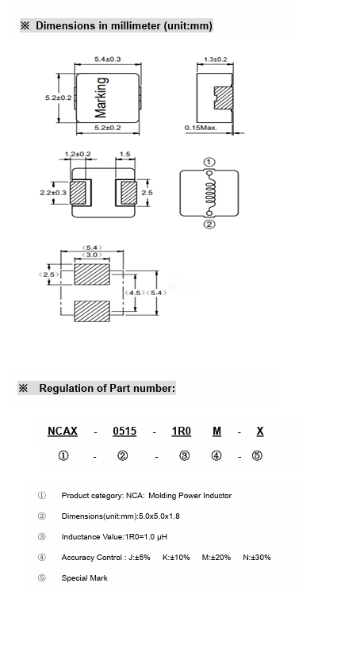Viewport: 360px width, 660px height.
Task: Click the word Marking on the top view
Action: pyautogui.click(x=101, y=98)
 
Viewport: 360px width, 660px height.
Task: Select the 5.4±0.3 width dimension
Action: pyautogui.click(x=108, y=59)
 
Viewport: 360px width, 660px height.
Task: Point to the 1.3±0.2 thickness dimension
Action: pyautogui.click(x=215, y=59)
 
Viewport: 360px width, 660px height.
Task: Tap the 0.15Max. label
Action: pyautogui.click(x=201, y=128)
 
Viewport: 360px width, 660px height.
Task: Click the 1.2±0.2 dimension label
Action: pyautogui.click(x=78, y=154)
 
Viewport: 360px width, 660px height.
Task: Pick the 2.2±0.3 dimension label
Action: pyautogui.click(x=53, y=193)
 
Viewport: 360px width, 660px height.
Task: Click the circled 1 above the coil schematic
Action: pyautogui.click(x=209, y=162)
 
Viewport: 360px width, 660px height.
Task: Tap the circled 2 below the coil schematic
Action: pyautogui.click(x=209, y=224)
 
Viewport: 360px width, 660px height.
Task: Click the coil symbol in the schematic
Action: pyautogui.click(x=209, y=194)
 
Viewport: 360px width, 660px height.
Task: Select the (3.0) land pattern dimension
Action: pyautogui.click(x=92, y=255)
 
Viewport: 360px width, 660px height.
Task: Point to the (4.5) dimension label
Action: pyautogui.click(x=135, y=293)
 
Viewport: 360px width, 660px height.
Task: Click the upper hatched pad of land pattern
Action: pyautogui.click(x=92, y=274)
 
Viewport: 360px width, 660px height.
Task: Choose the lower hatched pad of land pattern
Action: pyautogui.click(x=92, y=312)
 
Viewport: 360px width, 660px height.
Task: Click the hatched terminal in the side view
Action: pyautogui.click(x=223, y=98)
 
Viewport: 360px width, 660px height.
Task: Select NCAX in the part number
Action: pyautogui.click(x=63, y=432)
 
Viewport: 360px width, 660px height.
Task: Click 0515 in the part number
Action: pyautogui.click(x=124, y=432)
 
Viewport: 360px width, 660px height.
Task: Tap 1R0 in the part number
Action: pyautogui.click(x=182, y=432)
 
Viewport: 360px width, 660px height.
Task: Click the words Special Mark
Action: pyautogui.click(x=85, y=578)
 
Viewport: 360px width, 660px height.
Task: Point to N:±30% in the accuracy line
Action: pyautogui.click(x=257, y=558)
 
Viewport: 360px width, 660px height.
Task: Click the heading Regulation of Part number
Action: pyautogui.click(x=107, y=388)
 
